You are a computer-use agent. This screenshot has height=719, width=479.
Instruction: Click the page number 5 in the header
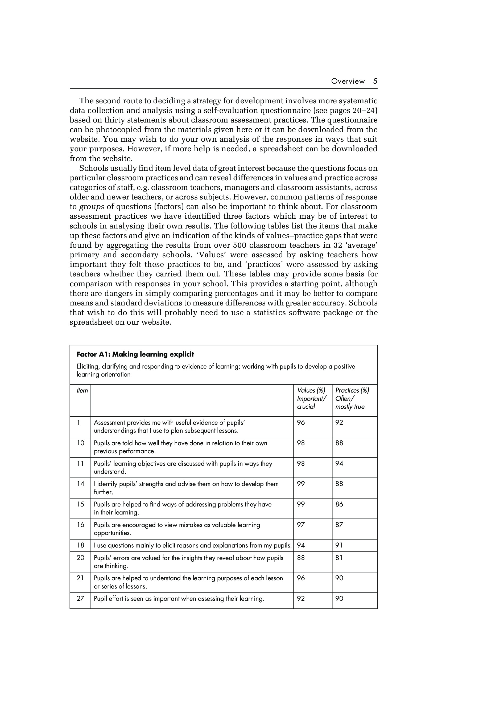pyautogui.click(x=375, y=81)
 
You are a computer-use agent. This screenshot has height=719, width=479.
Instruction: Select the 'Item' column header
pyautogui.click(x=82, y=390)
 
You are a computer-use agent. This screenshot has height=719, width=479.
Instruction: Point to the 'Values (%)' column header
pyautogui.click(x=311, y=390)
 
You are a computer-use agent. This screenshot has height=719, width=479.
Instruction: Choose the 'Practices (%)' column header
pyautogui.click(x=352, y=390)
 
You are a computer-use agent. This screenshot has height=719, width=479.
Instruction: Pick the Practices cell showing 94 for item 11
pyautogui.click(x=339, y=463)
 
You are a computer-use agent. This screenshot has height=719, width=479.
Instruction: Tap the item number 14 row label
pyautogui.click(x=80, y=484)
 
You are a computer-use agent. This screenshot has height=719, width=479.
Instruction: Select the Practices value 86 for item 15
pyautogui.click(x=339, y=504)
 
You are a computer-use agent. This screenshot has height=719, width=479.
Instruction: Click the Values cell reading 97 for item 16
pyautogui.click(x=301, y=525)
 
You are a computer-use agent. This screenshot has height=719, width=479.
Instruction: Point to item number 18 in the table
pyautogui.click(x=80, y=545)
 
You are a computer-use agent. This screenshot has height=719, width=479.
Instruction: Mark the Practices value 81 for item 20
pyautogui.click(x=339, y=558)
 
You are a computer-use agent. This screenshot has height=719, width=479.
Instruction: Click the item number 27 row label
pyautogui.click(x=80, y=598)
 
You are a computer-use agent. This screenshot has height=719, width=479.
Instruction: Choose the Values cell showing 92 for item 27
pyautogui.click(x=301, y=598)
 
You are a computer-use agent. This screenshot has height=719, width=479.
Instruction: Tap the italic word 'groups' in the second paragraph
pyautogui.click(x=92, y=207)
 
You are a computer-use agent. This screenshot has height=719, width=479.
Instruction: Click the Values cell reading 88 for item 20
pyautogui.click(x=301, y=558)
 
